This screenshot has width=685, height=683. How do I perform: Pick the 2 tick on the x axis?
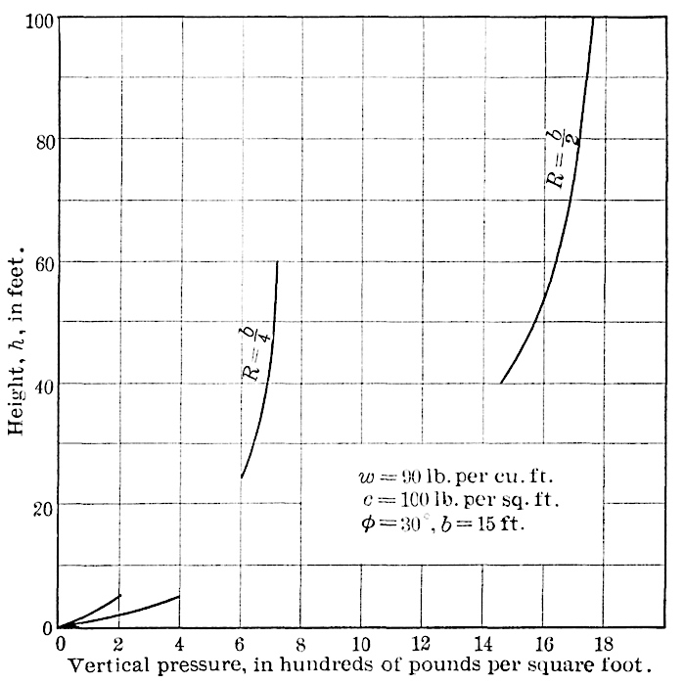(119, 644)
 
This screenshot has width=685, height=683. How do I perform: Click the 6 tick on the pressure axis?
(241, 644)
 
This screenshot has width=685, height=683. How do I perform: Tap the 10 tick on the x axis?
(361, 644)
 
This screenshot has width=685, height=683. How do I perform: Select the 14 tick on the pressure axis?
(482, 644)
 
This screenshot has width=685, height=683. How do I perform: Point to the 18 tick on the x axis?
(604, 644)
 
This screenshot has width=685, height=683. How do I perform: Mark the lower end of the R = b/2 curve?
(501, 384)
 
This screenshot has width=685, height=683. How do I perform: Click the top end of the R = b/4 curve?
(278, 261)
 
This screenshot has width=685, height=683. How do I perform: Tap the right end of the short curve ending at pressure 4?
(179, 596)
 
